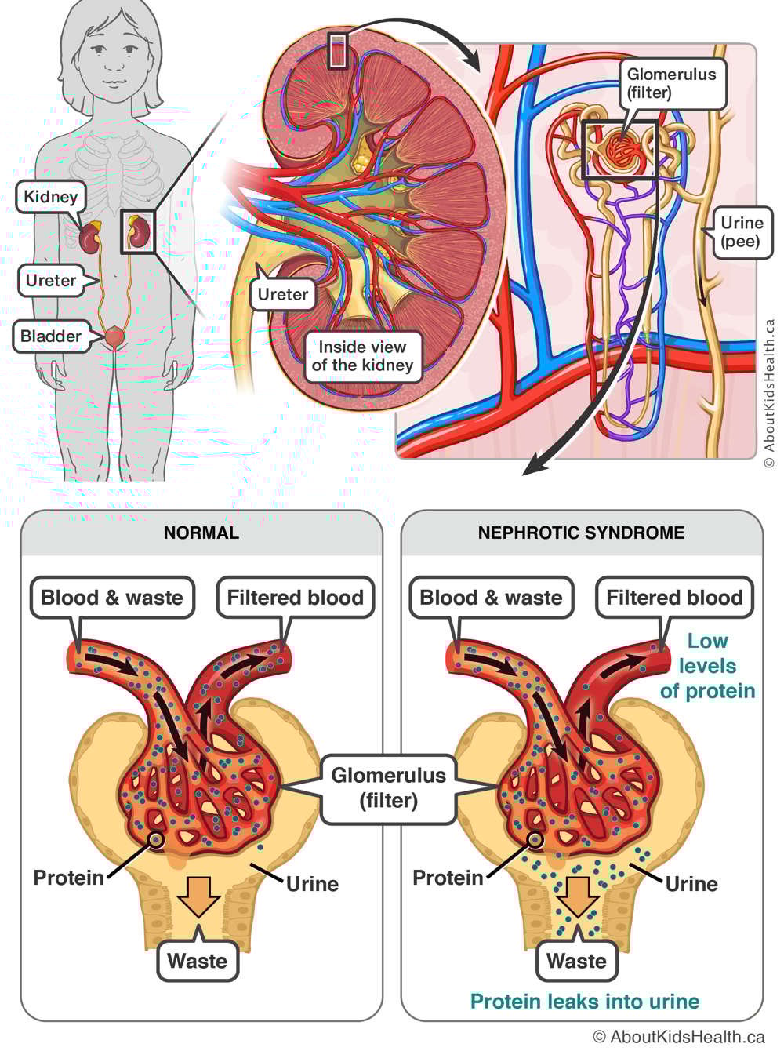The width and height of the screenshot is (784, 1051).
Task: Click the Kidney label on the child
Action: pos(50,197)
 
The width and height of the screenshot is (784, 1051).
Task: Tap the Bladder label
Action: pos(51,336)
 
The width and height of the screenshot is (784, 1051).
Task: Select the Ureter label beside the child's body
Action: pos(51,280)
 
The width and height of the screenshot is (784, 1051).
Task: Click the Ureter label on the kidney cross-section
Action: pos(283,294)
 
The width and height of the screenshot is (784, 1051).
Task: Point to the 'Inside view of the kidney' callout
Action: pos(362,356)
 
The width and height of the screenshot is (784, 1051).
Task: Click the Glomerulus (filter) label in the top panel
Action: pos(671,83)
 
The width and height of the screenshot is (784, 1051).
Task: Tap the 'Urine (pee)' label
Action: pos(741,232)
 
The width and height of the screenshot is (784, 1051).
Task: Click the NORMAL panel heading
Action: pos(201,533)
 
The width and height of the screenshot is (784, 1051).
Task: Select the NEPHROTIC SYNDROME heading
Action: pos(581,533)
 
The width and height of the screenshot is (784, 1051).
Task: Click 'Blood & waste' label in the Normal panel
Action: pos(112,598)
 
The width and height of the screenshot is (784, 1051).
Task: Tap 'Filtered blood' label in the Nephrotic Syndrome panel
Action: pos(674,598)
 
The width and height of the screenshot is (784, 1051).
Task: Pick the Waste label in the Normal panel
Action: pos(197,961)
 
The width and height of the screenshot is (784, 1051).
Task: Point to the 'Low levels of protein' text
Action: pos(707,666)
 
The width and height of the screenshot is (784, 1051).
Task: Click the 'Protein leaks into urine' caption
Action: pos(585,1002)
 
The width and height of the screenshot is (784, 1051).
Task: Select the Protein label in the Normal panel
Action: pos(68,878)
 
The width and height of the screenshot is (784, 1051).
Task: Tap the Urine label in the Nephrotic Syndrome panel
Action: pos(691,884)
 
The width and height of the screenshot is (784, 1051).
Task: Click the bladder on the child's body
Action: pos(115,336)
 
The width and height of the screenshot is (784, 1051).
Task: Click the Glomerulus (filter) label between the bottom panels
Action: pos(388,787)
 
